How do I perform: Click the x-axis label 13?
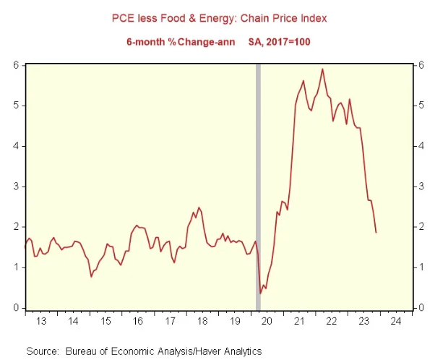coord(41,320)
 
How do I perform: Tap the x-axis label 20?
coord(264,320)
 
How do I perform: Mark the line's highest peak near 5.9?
coord(322,69)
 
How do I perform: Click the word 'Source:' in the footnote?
coord(42,351)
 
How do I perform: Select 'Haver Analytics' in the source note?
coord(228,351)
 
